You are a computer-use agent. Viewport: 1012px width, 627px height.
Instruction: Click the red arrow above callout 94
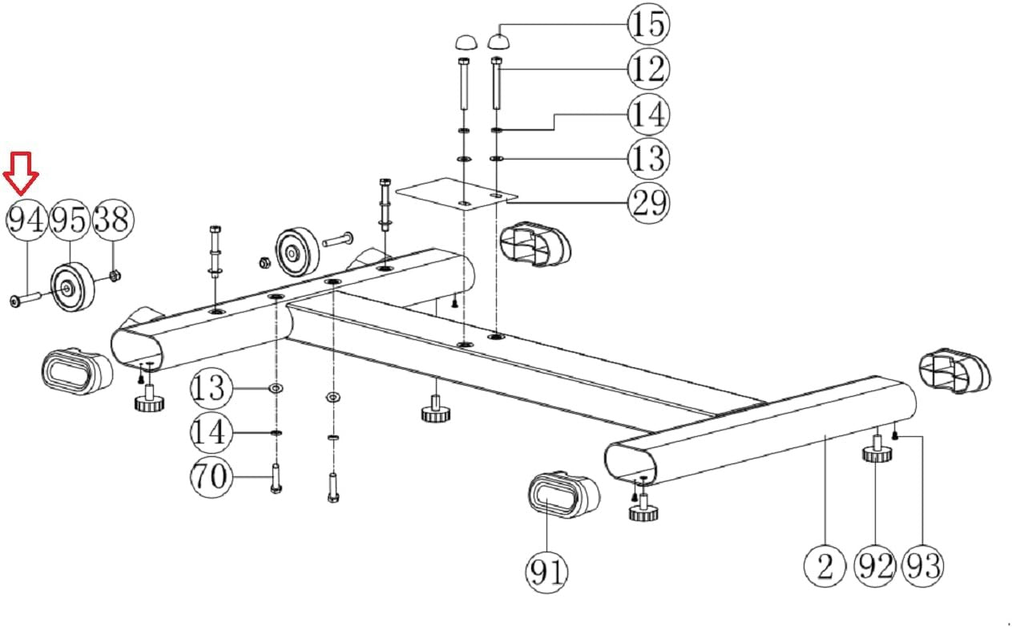tap(21, 174)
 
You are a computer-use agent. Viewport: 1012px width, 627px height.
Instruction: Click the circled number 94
tap(26, 220)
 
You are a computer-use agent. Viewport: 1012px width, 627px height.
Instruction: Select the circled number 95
tap(70, 220)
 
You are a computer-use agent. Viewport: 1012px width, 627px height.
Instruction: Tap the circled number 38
tap(114, 220)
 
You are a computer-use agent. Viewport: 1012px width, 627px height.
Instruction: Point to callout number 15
tap(649, 24)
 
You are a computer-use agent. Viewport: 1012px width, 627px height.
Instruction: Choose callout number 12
tap(649, 69)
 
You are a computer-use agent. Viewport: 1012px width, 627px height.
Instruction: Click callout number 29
tap(649, 203)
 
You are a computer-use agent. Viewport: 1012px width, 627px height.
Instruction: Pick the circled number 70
tap(211, 476)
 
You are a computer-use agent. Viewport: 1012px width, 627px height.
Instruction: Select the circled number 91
tap(546, 572)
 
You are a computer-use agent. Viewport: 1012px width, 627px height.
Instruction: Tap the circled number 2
tap(825, 566)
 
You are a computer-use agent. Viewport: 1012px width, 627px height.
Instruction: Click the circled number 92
tap(875, 566)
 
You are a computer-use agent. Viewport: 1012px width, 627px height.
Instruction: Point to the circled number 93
tap(922, 566)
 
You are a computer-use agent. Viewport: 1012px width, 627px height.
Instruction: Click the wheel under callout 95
tap(72, 286)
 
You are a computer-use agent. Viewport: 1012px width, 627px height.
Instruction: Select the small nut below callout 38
tap(115, 275)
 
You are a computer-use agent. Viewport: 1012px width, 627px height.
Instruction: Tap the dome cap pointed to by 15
tap(499, 42)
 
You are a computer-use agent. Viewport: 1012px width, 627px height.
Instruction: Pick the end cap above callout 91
tap(564, 495)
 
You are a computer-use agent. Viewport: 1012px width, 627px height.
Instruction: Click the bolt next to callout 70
tap(276, 479)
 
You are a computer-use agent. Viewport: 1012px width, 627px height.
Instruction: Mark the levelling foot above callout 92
tap(877, 449)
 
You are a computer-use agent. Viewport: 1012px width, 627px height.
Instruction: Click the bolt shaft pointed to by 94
tap(26, 299)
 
